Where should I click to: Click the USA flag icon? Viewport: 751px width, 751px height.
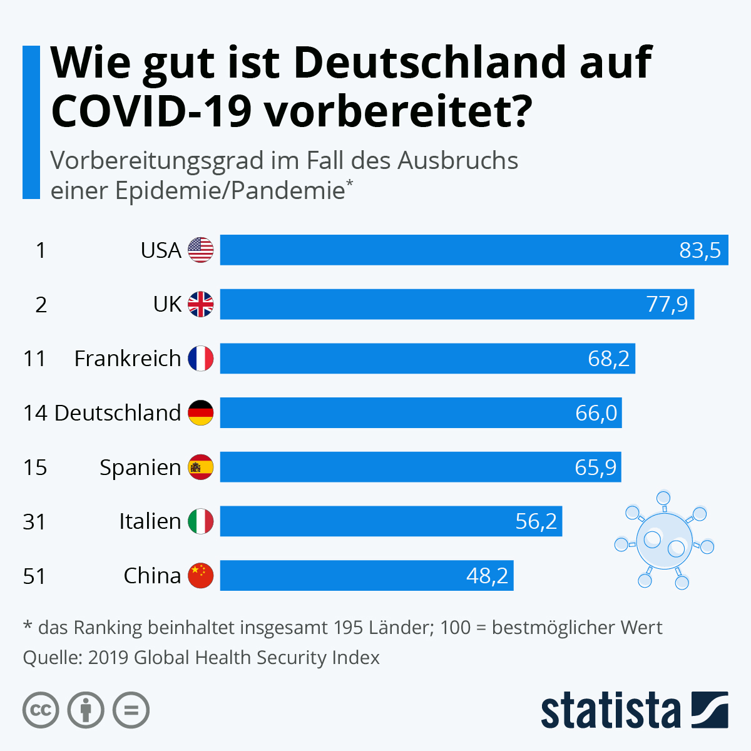[201, 250]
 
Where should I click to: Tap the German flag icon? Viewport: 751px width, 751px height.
[201, 412]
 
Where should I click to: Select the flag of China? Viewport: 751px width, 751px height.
[201, 576]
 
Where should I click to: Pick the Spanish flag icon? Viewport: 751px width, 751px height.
[201, 467]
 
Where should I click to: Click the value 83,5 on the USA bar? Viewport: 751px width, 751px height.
[700, 250]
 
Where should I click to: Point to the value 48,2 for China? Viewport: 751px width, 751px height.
[487, 576]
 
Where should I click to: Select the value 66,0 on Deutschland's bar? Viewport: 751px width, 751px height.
[596, 413]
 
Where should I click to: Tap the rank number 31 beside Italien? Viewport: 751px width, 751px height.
[34, 522]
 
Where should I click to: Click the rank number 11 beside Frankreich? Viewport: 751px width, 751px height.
[34, 359]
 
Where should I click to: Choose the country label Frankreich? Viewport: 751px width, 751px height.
[128, 359]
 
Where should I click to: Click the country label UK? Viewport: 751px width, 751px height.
[167, 304]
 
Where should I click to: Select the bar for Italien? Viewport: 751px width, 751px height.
[391, 521]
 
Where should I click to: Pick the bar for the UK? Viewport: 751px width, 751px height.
[457, 304]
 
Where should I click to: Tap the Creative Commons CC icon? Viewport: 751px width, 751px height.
[41, 710]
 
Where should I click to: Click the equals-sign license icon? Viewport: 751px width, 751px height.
[131, 710]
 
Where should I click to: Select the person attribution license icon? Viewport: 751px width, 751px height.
[86, 710]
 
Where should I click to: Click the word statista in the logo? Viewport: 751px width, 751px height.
[611, 710]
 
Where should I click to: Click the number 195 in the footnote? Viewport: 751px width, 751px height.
[349, 628]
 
